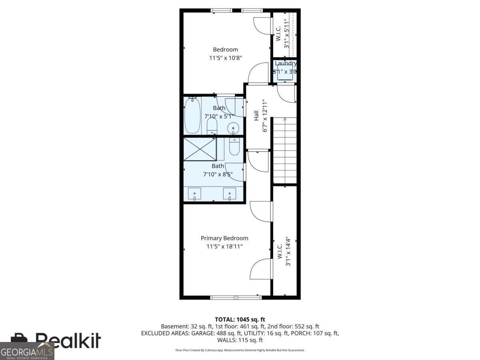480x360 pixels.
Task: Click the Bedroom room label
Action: (x=225, y=50)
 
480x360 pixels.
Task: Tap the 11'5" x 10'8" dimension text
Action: (x=225, y=58)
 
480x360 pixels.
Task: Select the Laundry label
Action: (x=286, y=64)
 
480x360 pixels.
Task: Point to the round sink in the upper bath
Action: (x=233, y=128)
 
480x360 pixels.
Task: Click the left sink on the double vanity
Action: (x=195, y=194)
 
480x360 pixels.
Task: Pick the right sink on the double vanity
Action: (x=230, y=194)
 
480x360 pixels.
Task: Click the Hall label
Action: (x=256, y=116)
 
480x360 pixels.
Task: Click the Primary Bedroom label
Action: (x=224, y=238)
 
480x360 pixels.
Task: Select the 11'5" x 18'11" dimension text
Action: (x=224, y=247)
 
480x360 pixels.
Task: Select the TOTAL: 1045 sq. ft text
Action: (x=240, y=319)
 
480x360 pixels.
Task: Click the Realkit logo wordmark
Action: (x=68, y=340)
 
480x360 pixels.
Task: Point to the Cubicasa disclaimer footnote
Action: (x=240, y=350)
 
